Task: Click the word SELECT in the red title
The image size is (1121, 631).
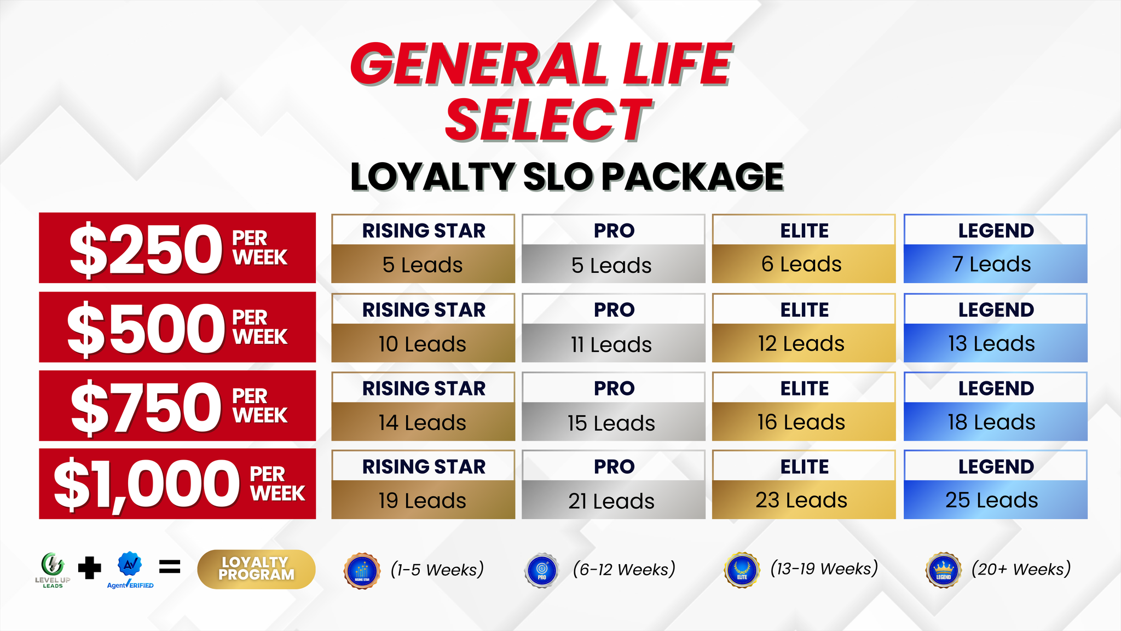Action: [x=548, y=120]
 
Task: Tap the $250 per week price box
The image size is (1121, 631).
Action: [x=177, y=248]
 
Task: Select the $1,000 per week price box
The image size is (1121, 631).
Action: [x=177, y=484]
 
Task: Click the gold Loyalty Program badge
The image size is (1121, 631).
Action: [x=256, y=569]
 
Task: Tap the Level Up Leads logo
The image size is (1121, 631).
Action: [x=53, y=570]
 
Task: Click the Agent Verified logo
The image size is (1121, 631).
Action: [x=130, y=570]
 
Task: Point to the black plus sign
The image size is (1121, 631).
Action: [x=90, y=568]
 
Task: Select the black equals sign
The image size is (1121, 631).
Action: [x=170, y=567]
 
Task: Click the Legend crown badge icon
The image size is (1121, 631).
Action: [x=943, y=570]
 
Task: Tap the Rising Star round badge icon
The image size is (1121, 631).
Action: [x=362, y=571]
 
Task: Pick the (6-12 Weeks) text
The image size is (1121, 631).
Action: [x=624, y=570]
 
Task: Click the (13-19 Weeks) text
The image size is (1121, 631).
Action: [x=824, y=569]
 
